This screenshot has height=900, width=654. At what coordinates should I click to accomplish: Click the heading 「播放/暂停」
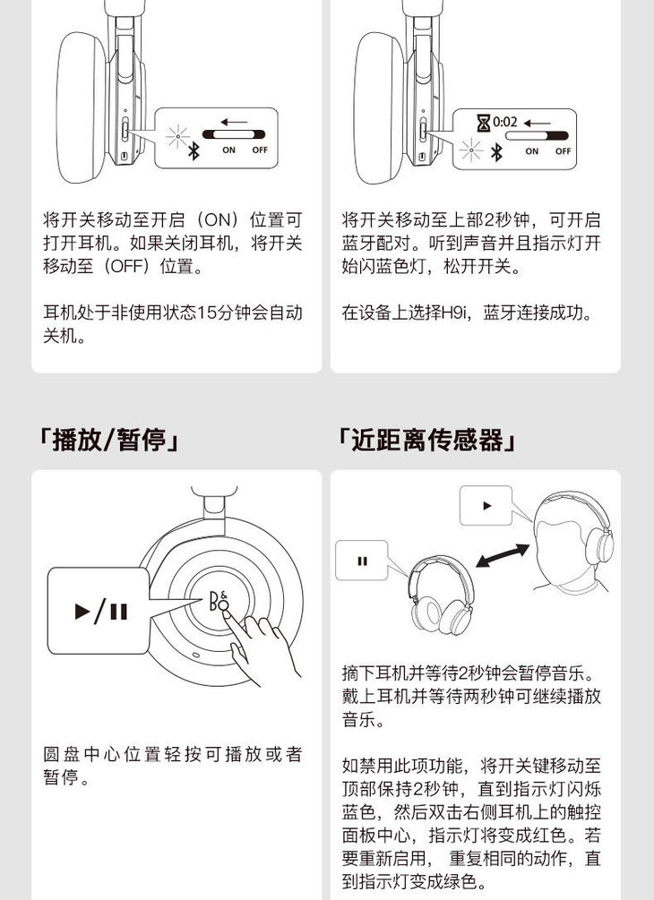(108, 441)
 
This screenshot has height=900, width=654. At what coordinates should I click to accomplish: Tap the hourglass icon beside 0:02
(484, 123)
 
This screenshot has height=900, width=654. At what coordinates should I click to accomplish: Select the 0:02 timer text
(504, 122)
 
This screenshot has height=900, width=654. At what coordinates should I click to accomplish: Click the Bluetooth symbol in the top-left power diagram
(194, 151)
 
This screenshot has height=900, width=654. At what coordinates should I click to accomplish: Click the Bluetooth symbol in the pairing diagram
(496, 152)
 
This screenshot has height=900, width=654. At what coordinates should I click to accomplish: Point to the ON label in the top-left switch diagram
(229, 150)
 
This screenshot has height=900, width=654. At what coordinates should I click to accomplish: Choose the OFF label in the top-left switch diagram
(260, 150)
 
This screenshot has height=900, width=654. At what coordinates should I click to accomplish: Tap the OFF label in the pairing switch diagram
(563, 151)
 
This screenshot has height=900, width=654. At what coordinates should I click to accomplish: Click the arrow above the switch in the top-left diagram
(234, 122)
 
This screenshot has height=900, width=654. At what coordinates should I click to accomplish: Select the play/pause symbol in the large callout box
(101, 612)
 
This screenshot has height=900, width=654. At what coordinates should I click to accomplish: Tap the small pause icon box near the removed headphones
(362, 561)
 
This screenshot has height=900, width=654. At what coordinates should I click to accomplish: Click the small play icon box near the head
(486, 506)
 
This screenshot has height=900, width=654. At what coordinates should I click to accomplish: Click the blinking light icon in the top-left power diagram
(177, 137)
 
